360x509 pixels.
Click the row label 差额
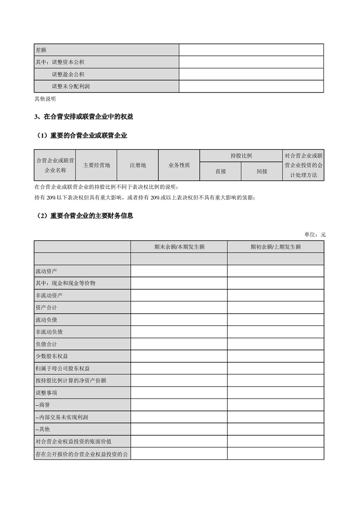point(41,50)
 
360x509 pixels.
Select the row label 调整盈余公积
point(68,74)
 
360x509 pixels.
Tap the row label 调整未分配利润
point(71,86)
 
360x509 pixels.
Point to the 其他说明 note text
point(45,98)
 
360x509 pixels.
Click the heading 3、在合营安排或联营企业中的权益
point(84,117)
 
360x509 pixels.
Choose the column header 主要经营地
point(96,165)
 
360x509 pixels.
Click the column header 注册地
point(138,165)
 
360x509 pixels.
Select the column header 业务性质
point(179,165)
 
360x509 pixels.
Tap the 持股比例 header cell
point(241,156)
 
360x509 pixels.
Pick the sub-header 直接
point(221,171)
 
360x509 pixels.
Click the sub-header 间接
point(261,171)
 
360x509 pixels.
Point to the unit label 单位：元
point(315,235)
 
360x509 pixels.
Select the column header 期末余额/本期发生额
point(179,247)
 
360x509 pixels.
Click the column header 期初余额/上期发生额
point(276,247)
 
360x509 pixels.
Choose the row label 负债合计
point(46,344)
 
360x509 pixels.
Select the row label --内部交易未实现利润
point(61,417)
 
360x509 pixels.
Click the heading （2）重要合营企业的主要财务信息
point(84,216)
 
